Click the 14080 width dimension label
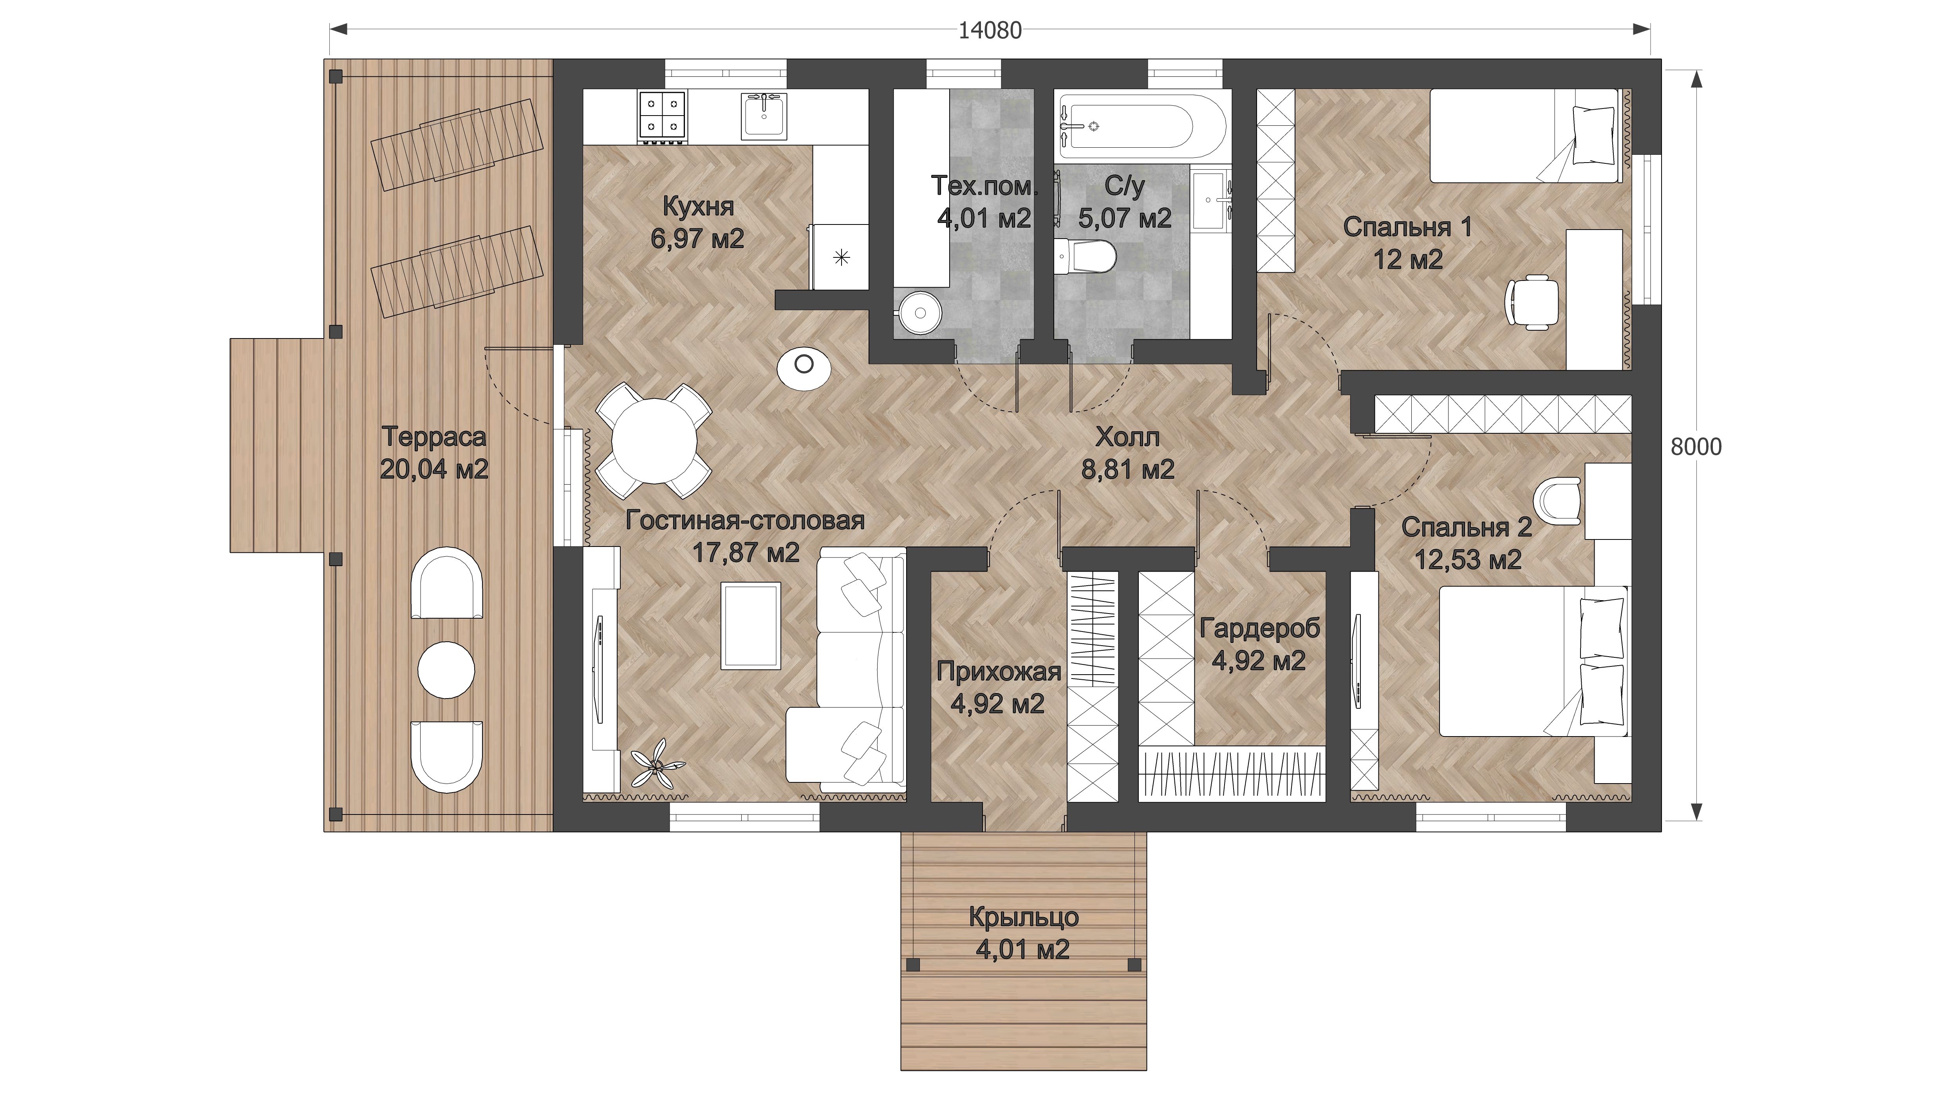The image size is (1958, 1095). pos(990,31)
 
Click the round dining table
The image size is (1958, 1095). pos(654,441)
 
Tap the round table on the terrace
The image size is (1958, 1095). pos(446,670)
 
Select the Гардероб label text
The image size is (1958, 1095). pos(1259,629)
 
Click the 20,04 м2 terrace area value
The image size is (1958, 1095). pos(434,469)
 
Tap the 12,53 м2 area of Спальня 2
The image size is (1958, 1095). pos(1468,560)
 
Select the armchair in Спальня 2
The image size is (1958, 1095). pos(1557,500)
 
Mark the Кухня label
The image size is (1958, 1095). pos(698,206)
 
